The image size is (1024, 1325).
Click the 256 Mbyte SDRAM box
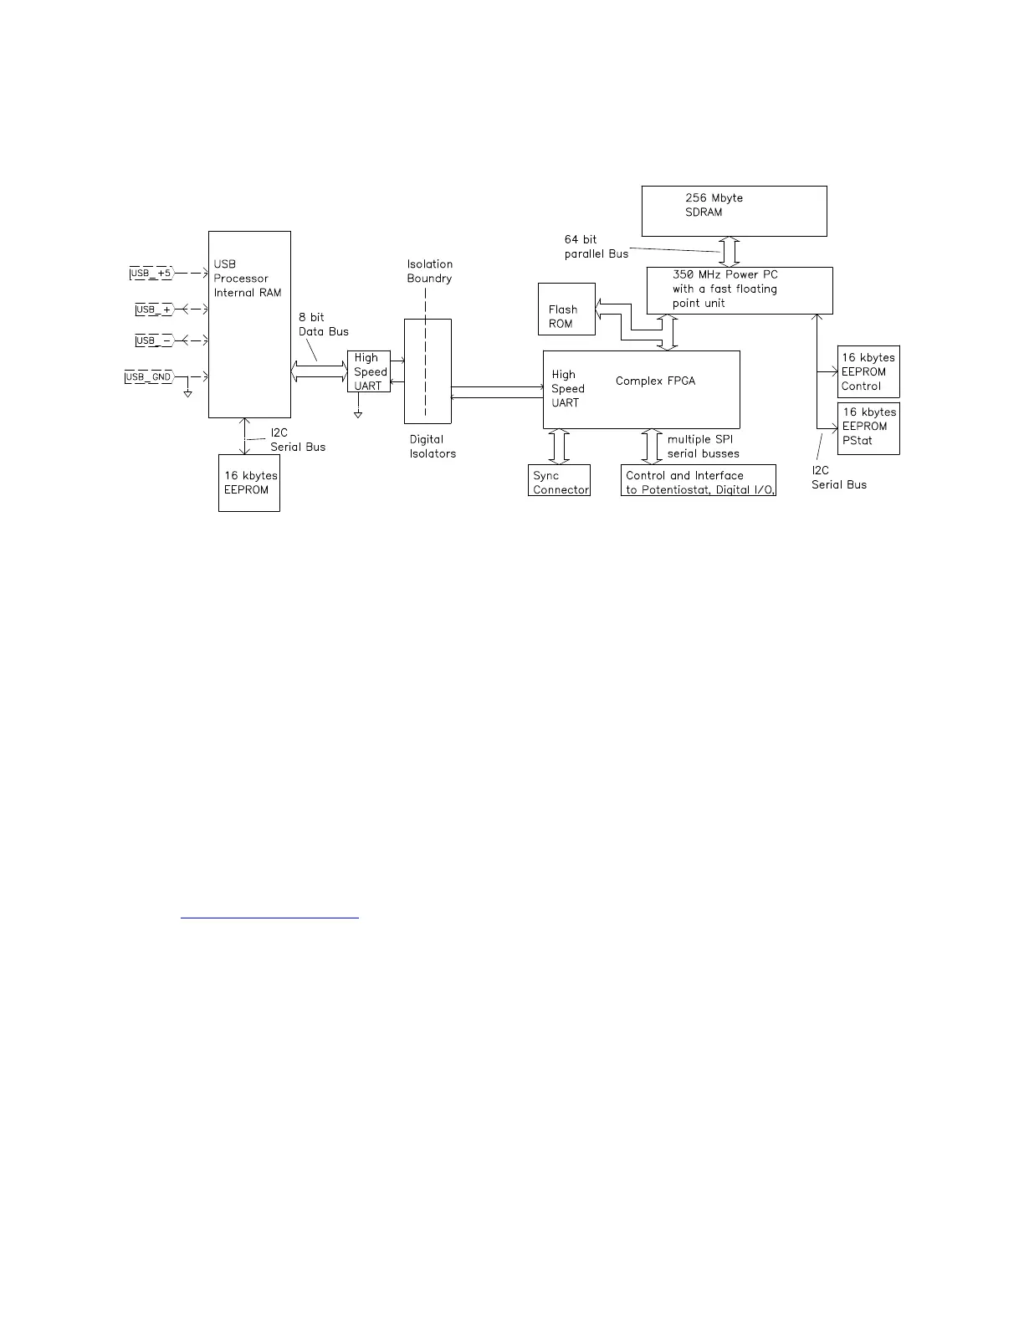coord(734,211)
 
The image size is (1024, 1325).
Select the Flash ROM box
coord(566,310)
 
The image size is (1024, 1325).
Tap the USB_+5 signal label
coord(151,273)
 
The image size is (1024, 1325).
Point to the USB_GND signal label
coord(149,377)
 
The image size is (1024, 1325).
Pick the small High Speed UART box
coord(369,371)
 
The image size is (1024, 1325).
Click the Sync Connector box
coord(559,480)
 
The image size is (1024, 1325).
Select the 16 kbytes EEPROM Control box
coord(868,371)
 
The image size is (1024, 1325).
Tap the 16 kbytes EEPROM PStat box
coord(868,428)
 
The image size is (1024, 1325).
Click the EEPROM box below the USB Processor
coord(249,483)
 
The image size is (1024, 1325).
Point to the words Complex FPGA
coord(655,381)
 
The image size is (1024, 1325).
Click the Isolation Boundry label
coord(429,271)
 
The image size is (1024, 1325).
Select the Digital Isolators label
coord(433,447)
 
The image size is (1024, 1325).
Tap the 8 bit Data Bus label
coord(323,325)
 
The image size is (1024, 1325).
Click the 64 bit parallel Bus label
coord(596,247)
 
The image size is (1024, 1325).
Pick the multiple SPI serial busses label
coord(703,447)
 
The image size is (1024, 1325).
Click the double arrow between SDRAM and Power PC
coord(730,252)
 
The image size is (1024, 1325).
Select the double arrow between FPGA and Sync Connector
coord(559,447)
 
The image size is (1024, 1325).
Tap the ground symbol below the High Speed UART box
coord(358,414)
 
